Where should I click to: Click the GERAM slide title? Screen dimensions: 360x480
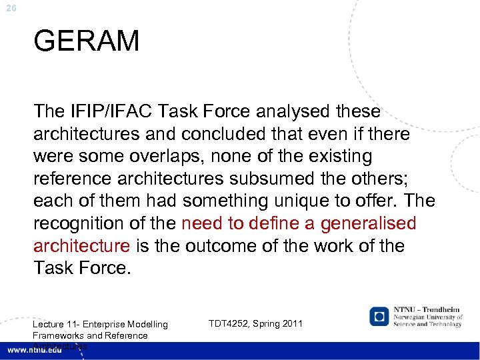86,41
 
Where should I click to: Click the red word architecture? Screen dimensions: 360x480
81,246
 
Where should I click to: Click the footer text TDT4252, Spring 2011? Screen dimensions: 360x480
255,323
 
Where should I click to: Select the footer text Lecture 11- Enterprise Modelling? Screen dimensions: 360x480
100,325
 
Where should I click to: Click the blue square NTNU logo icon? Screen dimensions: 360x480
379,316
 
